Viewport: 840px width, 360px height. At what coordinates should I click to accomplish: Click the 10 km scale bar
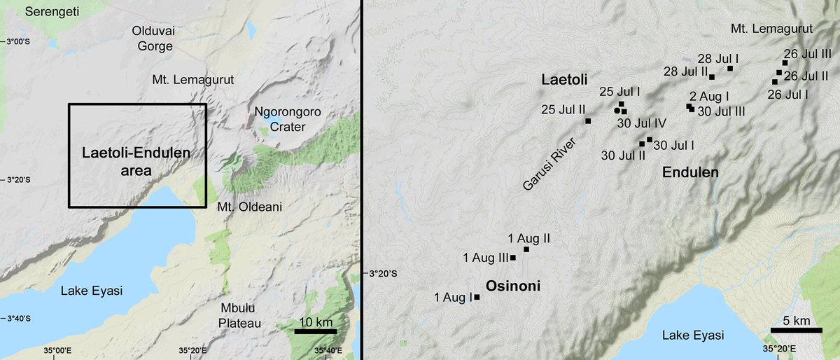point(315,331)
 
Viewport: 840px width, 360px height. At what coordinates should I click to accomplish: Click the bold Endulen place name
point(690,172)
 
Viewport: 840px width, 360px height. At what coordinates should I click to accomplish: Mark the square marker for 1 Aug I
point(477,297)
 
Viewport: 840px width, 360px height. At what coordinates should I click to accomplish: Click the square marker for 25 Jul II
point(588,121)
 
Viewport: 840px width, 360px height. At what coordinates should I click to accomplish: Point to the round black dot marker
point(617,111)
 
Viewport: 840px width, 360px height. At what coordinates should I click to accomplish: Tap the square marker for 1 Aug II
point(526,249)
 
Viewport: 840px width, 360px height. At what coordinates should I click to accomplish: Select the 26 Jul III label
point(808,53)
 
